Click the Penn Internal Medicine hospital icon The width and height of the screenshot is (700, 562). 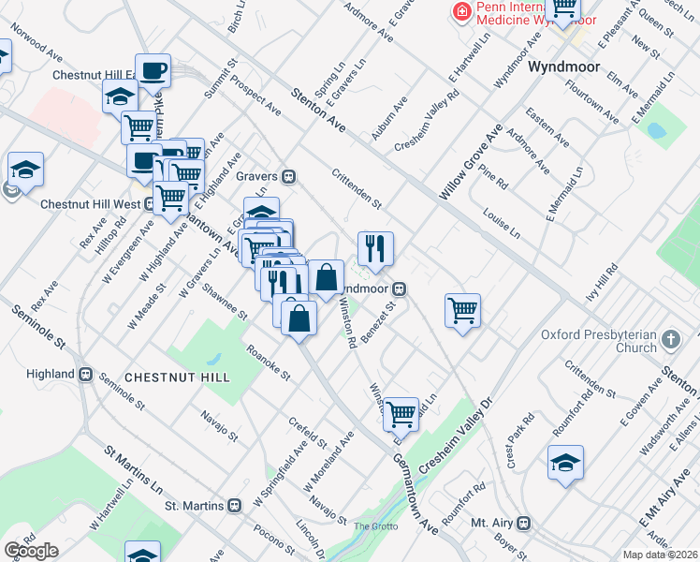click(x=460, y=12)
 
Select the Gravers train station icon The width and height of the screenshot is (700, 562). click(x=290, y=175)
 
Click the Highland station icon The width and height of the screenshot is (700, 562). click(x=85, y=374)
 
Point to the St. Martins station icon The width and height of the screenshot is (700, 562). click(x=234, y=506)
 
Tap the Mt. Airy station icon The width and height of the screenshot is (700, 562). click(x=524, y=522)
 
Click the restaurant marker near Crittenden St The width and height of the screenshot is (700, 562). click(x=375, y=249)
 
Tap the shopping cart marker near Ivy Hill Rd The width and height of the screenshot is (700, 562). click(x=463, y=310)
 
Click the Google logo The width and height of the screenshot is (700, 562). click(x=30, y=551)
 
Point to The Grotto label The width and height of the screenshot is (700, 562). click(x=375, y=526)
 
